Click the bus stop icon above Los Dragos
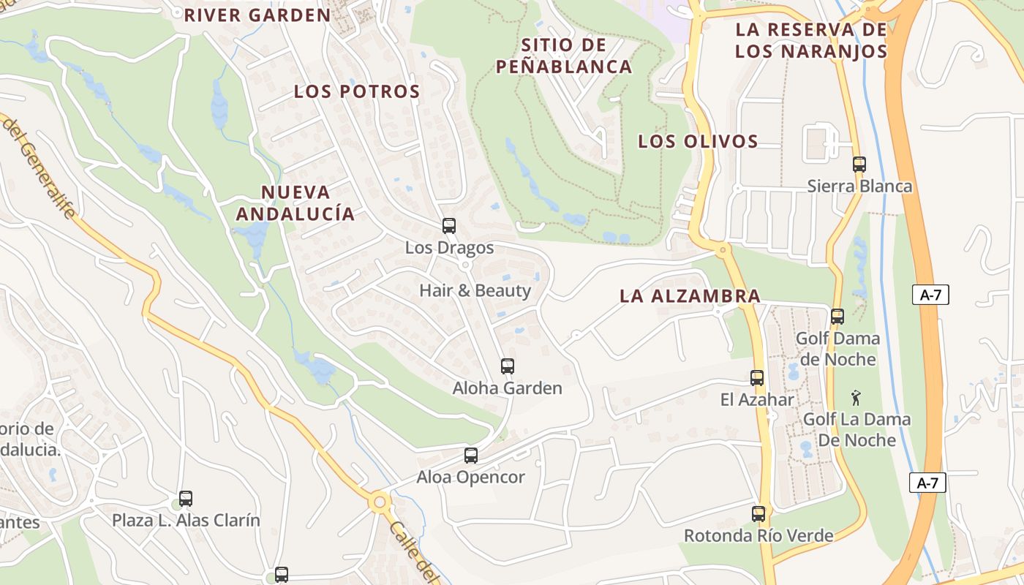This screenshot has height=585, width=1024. (449, 226)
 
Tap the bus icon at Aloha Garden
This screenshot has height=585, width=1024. (507, 366)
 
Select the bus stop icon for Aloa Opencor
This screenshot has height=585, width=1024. (471, 456)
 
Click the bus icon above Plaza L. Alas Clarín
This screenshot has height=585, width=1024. (186, 499)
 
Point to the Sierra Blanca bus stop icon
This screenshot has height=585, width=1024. (859, 165)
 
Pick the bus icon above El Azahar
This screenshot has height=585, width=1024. (757, 378)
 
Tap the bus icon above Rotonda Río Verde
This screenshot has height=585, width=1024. (758, 514)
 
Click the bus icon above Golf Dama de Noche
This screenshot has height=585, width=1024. (837, 317)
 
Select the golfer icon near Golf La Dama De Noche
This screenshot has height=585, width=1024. (856, 398)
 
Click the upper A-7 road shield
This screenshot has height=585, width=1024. (930, 295)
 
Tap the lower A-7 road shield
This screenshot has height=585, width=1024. (927, 483)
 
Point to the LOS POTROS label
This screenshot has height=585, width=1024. (357, 91)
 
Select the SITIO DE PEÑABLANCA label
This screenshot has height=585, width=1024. (564, 56)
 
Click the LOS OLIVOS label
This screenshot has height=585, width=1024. (697, 141)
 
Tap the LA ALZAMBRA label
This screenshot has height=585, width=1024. (690, 296)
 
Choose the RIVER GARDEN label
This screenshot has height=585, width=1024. (257, 15)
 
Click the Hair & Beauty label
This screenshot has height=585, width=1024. (475, 290)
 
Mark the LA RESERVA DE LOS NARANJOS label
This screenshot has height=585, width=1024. (810, 40)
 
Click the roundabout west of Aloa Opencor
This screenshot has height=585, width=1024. (379, 502)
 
